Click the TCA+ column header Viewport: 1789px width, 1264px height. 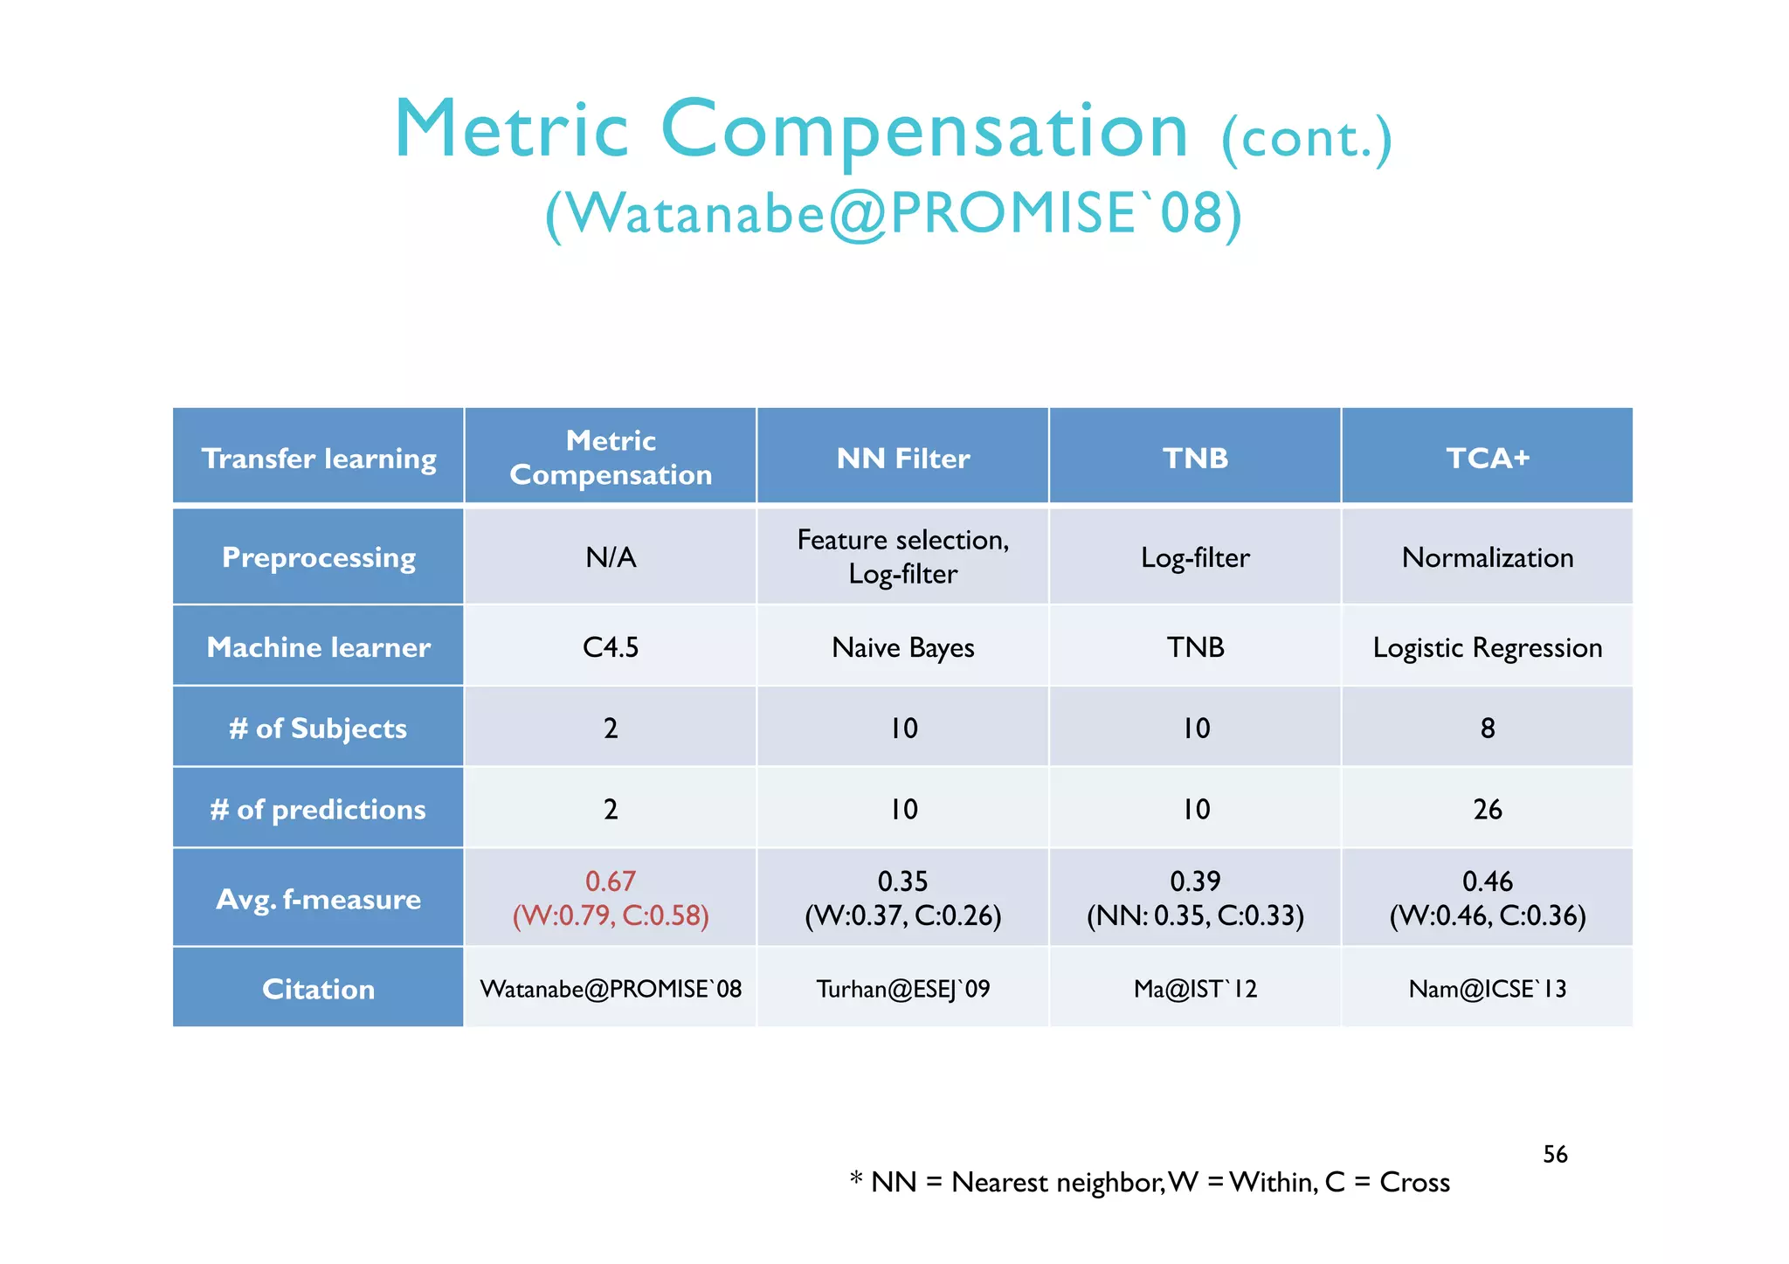tap(1487, 458)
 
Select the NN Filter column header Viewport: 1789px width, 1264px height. tap(902, 459)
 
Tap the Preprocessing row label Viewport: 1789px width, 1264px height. tap(319, 557)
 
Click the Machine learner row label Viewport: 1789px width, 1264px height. tap(319, 647)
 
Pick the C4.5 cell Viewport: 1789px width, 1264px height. tap(611, 647)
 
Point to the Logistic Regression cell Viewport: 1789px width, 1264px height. tap(1487, 647)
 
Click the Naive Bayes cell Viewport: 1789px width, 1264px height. tap(902, 647)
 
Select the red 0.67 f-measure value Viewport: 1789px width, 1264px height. tap(611, 881)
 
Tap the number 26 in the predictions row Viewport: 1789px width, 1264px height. tap(1487, 809)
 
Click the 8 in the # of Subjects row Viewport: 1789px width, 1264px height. tap(1487, 728)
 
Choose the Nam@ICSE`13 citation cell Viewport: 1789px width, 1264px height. tap(1487, 989)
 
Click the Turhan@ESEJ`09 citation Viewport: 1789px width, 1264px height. tap(902, 989)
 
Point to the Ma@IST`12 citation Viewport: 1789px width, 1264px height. tap(1195, 989)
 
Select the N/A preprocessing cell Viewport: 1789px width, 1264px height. tap(611, 557)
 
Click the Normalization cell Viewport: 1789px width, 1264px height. tap(1487, 557)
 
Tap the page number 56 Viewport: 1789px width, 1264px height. tap(1555, 1154)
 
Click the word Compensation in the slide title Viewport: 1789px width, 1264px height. tap(924, 131)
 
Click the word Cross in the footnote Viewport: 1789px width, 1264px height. tap(1414, 1182)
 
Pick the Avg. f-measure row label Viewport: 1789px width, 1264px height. tap(319, 899)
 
